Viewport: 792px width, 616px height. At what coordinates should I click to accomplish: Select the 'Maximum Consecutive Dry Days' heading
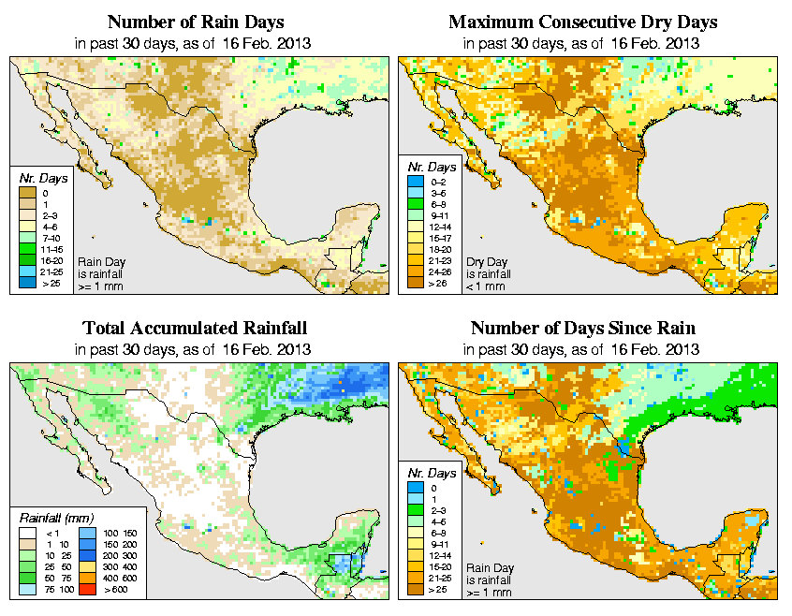[x=582, y=22]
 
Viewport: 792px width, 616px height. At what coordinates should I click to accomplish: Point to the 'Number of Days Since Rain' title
[x=582, y=329]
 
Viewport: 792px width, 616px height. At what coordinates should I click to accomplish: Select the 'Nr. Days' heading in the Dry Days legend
[x=434, y=167]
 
